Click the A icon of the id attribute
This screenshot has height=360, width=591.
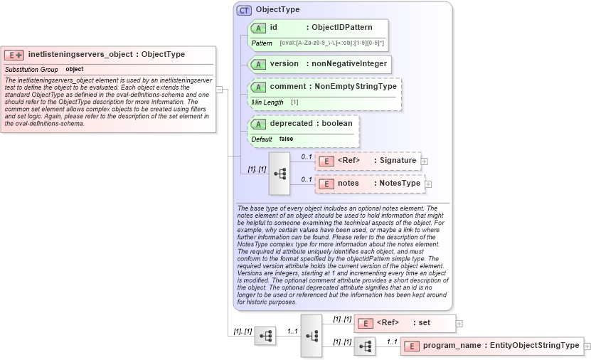[x=259, y=28]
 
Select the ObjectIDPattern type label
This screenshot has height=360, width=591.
[x=342, y=28]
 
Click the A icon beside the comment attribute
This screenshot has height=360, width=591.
[x=259, y=87]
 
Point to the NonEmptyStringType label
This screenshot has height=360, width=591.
[x=356, y=87]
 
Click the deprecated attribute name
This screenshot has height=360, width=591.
[x=291, y=124]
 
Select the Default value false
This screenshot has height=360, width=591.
[x=286, y=139]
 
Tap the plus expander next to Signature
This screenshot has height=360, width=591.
[x=425, y=161]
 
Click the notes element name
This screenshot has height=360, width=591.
[x=348, y=184]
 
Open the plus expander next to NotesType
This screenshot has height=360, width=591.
[x=428, y=184]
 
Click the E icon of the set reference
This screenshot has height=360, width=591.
[x=365, y=323]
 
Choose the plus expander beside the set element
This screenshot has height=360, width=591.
[x=459, y=323]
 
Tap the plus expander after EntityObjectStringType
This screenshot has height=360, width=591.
[x=587, y=346]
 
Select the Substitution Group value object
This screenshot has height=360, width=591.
[x=75, y=69]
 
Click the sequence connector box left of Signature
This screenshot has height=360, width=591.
[x=279, y=173]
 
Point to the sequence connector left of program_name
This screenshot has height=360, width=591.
[x=365, y=346]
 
